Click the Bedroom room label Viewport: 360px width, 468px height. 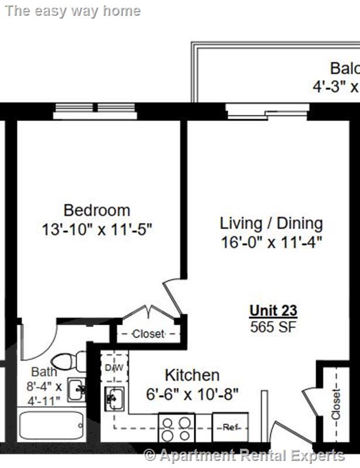click(x=97, y=210)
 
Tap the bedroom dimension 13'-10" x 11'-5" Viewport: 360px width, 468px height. click(x=97, y=229)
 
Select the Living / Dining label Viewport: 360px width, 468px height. click(x=271, y=223)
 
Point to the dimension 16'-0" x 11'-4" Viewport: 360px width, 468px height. click(x=271, y=242)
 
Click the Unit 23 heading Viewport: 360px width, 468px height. click(x=273, y=311)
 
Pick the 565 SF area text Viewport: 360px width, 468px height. click(x=273, y=326)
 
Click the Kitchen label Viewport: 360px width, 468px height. click(x=192, y=375)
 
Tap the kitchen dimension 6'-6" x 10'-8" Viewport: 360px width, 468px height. click(x=192, y=394)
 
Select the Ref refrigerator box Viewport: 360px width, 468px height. click(x=230, y=427)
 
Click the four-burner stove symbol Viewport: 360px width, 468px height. click(x=177, y=428)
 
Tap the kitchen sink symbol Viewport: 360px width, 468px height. click(x=114, y=400)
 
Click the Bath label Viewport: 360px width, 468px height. click(x=44, y=371)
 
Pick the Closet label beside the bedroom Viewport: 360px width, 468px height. click(x=148, y=334)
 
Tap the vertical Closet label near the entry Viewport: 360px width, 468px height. click(x=336, y=403)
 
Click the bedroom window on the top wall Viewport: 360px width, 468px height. click(x=95, y=111)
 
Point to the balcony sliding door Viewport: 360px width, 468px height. click(x=266, y=111)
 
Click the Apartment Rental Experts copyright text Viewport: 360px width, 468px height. click(x=245, y=455)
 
